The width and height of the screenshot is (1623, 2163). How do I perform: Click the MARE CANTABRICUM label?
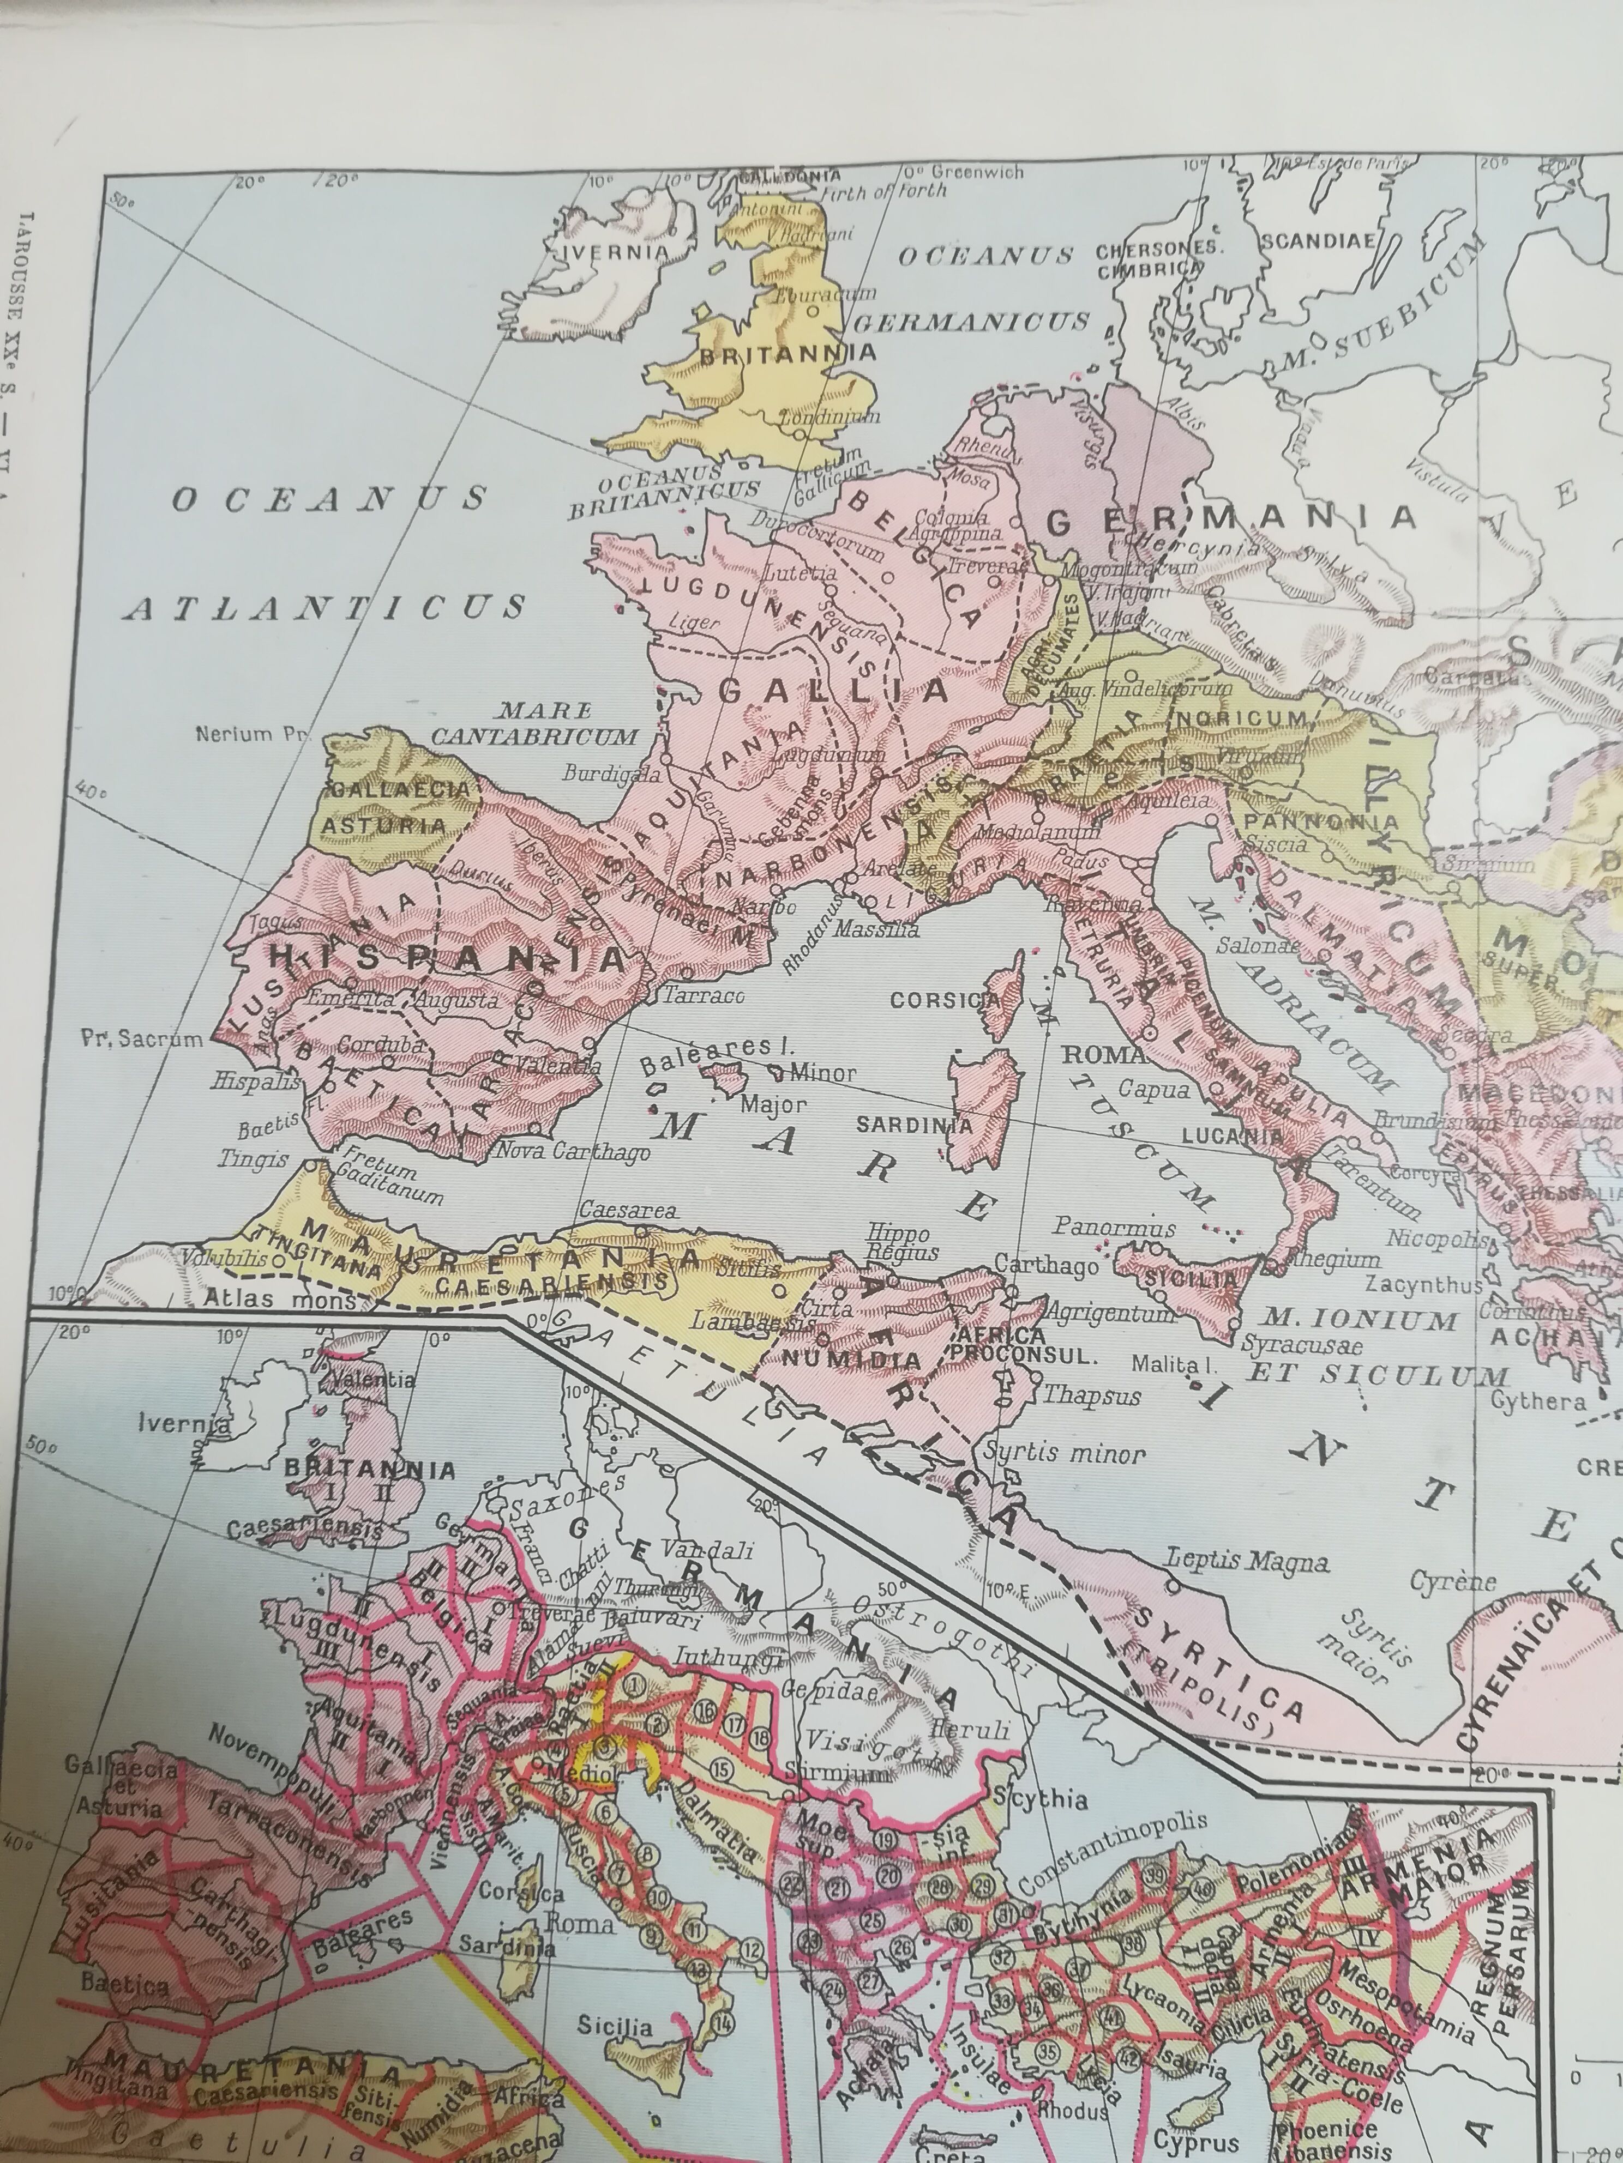click(534, 723)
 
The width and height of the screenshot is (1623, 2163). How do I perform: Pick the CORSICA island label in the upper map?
click(945, 1000)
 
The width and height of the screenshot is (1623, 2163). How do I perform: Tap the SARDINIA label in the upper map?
click(915, 1125)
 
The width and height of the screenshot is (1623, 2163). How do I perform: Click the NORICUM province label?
click(1241, 718)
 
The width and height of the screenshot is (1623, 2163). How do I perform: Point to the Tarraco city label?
click(704, 996)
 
